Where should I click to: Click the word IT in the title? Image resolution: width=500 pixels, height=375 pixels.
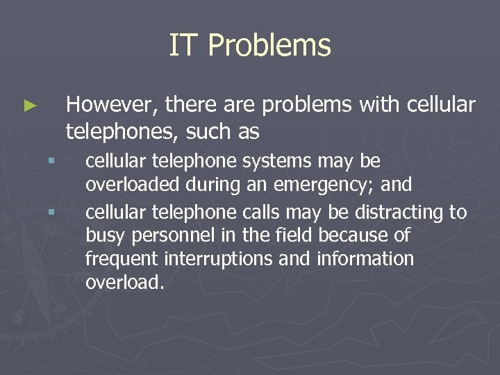point(183,46)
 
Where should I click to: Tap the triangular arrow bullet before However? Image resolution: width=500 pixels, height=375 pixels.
point(30,106)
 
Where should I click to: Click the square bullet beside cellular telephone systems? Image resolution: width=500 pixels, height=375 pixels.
point(50,161)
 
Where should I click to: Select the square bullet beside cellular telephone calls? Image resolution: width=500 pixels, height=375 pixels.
point(50,211)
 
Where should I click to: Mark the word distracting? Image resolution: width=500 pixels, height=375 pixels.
point(402,211)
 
